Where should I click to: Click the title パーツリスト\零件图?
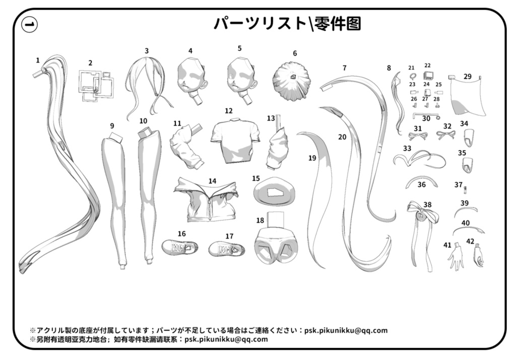click(287, 23)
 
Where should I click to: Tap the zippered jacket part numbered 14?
click(206, 201)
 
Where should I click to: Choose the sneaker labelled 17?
click(227, 249)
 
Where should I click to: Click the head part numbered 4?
click(192, 80)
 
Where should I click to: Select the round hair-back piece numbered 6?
click(291, 81)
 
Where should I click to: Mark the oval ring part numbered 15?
click(272, 192)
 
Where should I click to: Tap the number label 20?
click(342, 137)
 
